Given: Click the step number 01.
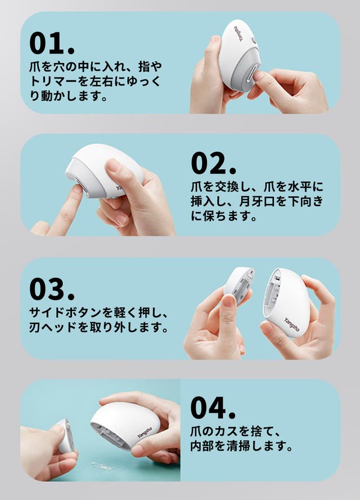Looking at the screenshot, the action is pyautogui.click(x=52, y=43).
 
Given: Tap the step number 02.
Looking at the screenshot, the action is pyautogui.click(x=214, y=163).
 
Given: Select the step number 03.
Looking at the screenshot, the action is pyautogui.click(x=52, y=289).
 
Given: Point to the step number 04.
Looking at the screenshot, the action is pyautogui.click(x=213, y=408).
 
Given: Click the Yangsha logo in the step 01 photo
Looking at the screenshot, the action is pyautogui.click(x=239, y=34).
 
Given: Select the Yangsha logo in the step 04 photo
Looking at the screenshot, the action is pyautogui.click(x=145, y=433).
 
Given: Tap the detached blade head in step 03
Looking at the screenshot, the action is pyautogui.click(x=238, y=285).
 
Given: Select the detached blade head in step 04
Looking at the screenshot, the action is pyautogui.click(x=66, y=435).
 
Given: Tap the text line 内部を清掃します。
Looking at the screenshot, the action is pyautogui.click(x=241, y=446).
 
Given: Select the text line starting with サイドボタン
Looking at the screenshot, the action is pyautogui.click(x=98, y=313).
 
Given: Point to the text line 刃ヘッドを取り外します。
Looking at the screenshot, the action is pyautogui.click(x=98, y=327).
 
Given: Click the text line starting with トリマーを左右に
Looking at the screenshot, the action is pyautogui.click(x=95, y=82).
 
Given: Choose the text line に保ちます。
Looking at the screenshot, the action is pyautogui.click(x=224, y=216).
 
